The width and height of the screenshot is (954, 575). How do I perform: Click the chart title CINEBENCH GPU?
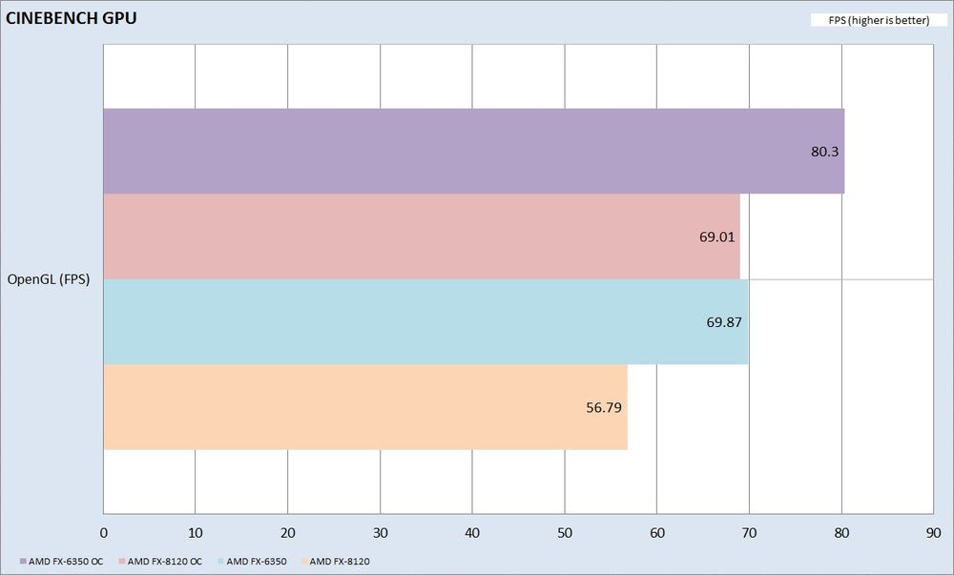click(65, 17)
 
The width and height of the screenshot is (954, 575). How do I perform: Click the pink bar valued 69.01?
click(421, 236)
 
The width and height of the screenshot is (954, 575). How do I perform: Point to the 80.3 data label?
click(824, 152)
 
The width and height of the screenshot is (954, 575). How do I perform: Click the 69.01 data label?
click(717, 236)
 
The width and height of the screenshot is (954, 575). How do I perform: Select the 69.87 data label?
click(724, 322)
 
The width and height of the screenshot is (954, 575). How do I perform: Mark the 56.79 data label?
click(604, 407)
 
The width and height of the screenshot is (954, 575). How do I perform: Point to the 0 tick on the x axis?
click(103, 533)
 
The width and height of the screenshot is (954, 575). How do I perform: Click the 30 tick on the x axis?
click(380, 533)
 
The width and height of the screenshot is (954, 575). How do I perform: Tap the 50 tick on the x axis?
click(565, 533)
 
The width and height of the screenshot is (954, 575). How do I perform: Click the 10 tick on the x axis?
click(196, 533)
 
